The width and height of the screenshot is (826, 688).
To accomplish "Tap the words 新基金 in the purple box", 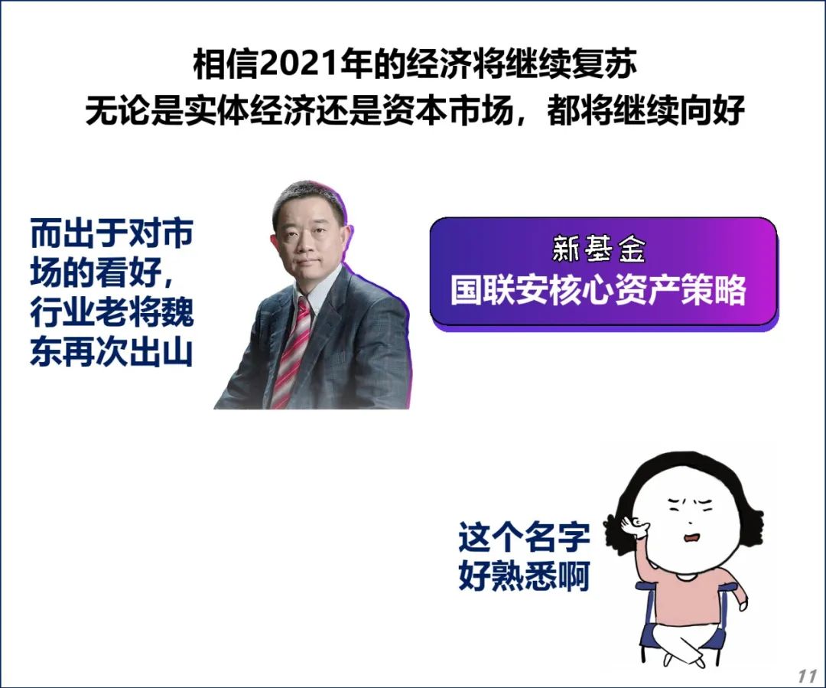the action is click(598, 249).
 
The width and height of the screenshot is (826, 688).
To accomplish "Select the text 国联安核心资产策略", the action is click(598, 290).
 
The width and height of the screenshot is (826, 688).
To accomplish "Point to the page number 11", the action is click(807, 675).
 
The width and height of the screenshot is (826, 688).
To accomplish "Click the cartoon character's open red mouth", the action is click(691, 538).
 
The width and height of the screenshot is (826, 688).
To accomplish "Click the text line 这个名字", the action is click(524, 536).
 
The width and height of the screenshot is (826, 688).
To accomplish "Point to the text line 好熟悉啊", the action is click(524, 576).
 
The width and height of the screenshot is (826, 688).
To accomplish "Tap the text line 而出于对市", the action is click(111, 233).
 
